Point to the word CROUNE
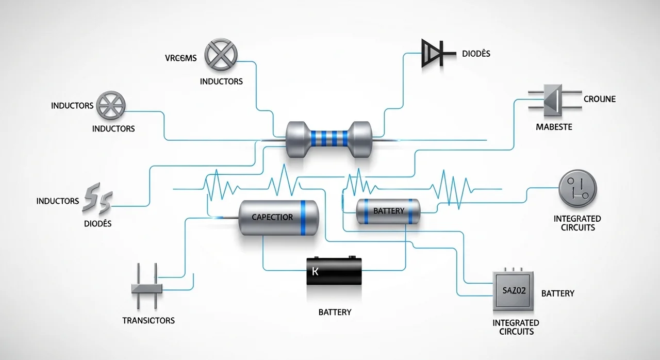coord(600,99)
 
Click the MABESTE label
coord(554,126)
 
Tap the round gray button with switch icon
coord(577,189)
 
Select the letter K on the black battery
coord(316,271)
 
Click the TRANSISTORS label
coord(148,320)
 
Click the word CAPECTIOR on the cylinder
coord(272,217)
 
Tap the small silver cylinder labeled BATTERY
coord(388,211)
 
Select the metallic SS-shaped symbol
coord(97,200)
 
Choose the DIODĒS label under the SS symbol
coord(97,224)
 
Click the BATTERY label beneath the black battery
coord(335,312)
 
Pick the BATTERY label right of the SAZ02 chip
coord(558,293)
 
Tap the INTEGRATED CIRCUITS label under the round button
coord(577,223)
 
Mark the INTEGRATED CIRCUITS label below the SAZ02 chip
coord(516,327)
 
